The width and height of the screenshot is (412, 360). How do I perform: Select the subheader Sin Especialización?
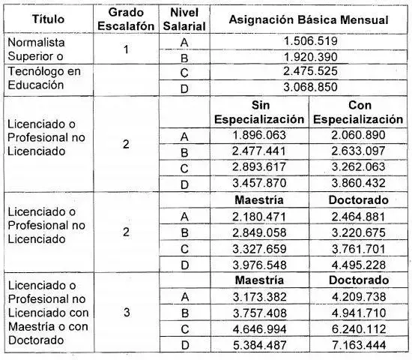click(258, 112)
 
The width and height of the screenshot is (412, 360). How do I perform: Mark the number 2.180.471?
click(258, 215)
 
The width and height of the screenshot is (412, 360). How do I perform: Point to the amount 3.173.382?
click(258, 297)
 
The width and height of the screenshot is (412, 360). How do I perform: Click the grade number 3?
click(126, 313)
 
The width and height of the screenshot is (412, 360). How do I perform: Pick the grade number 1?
click(126, 50)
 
